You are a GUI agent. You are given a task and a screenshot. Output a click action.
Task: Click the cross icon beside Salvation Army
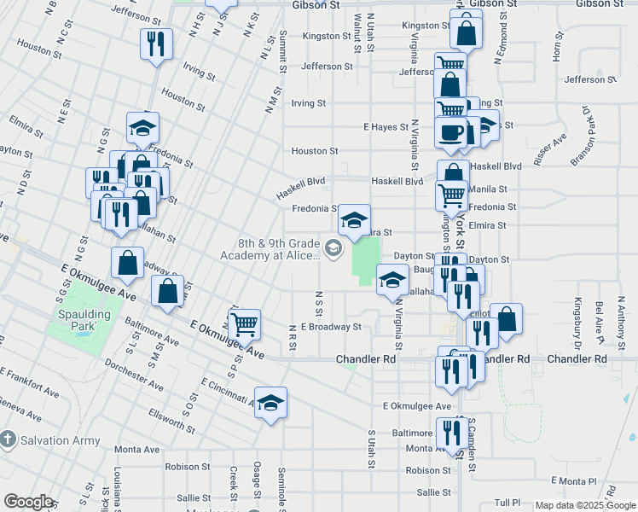pyautogui.click(x=8, y=440)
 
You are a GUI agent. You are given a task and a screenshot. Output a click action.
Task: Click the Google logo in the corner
pyautogui.click(x=27, y=502)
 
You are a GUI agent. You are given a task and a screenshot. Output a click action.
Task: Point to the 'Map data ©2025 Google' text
pyautogui.click(x=585, y=505)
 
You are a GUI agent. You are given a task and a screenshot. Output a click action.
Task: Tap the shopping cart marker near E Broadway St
pyautogui.click(x=245, y=324)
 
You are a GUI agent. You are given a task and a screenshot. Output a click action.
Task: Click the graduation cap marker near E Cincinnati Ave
pyautogui.click(x=270, y=403)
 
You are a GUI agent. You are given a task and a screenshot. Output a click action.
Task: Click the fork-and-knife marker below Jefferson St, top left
pyautogui.click(x=155, y=44)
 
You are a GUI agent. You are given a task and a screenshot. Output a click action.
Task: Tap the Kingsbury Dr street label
pyautogui.click(x=578, y=313)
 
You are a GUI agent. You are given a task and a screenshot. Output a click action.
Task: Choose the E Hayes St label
pyautogui.click(x=386, y=127)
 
